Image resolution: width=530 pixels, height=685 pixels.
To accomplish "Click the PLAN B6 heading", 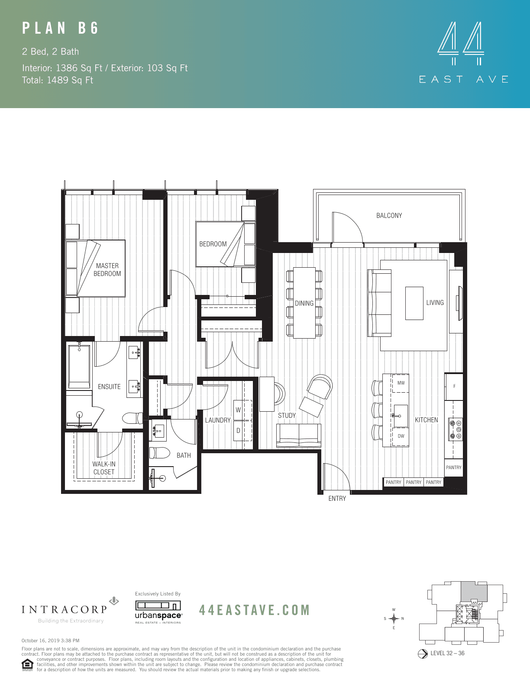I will [x=61, y=29].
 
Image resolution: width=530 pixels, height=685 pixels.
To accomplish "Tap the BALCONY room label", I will [x=389, y=215].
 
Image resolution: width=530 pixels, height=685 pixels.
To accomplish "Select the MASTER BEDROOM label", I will [x=107, y=270].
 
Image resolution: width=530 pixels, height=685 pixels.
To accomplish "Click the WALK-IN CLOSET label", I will [x=104, y=468].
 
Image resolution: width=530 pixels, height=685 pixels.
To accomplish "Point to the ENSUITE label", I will [x=109, y=387].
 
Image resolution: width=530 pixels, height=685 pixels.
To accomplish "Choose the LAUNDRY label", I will [x=218, y=420].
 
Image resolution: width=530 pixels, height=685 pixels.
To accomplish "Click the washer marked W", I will [x=238, y=410].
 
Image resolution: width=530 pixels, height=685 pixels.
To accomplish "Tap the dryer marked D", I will [x=238, y=431].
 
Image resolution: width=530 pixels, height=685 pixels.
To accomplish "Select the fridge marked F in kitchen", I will [x=454, y=386].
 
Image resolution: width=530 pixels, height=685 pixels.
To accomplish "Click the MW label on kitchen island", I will [x=401, y=383].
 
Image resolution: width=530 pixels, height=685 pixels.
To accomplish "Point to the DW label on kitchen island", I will [x=401, y=436].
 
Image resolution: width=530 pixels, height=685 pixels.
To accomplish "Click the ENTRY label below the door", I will [x=337, y=499].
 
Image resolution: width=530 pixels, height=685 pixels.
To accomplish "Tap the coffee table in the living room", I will [x=414, y=303].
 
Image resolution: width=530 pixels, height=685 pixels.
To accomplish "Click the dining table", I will [x=304, y=303].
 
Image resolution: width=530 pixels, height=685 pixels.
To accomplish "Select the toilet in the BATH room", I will [x=160, y=453].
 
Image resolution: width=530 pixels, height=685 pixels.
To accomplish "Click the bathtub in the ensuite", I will [x=79, y=366].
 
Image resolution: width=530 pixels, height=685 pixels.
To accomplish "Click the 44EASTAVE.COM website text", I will [x=255, y=610].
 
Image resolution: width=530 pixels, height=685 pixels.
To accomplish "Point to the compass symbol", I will [x=394, y=618].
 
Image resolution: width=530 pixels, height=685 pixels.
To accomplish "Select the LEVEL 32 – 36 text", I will [x=447, y=653].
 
